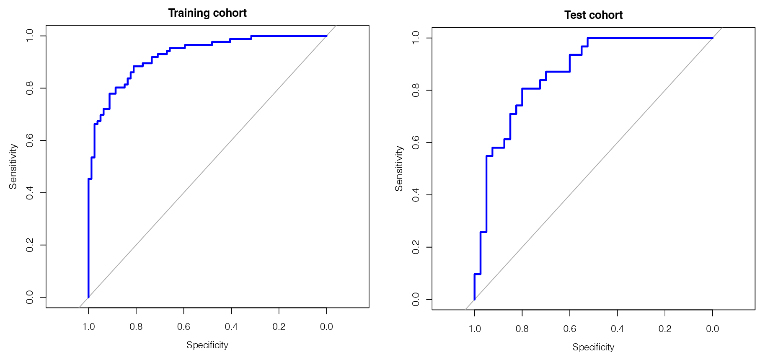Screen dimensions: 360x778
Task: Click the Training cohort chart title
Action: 207,13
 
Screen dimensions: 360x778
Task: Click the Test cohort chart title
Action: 593,15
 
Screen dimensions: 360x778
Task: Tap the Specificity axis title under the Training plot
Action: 207,345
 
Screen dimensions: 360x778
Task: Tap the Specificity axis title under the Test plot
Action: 593,347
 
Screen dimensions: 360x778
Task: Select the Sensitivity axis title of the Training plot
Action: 13,166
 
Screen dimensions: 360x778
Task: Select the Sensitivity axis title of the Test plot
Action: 399,168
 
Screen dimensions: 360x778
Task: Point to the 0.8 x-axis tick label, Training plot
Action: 136,327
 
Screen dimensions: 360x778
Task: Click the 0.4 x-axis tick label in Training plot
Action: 231,327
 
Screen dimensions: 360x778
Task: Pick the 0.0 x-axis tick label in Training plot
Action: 326,327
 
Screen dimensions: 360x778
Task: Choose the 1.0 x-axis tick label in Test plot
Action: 475,329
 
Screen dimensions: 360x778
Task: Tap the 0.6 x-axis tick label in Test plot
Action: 570,329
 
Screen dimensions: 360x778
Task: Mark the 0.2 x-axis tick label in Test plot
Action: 665,329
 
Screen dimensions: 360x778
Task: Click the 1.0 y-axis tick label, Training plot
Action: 30,36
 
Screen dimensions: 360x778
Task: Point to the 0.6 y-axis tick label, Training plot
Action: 30,140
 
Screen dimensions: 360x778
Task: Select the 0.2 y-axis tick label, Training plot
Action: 30,245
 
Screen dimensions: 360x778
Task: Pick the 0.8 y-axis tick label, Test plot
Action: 416,90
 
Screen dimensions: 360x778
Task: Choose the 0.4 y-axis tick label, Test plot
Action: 416,195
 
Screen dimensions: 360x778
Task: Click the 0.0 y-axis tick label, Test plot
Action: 416,299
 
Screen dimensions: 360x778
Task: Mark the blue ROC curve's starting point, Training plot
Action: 88,297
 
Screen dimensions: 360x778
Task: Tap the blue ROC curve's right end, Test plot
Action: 712,38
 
